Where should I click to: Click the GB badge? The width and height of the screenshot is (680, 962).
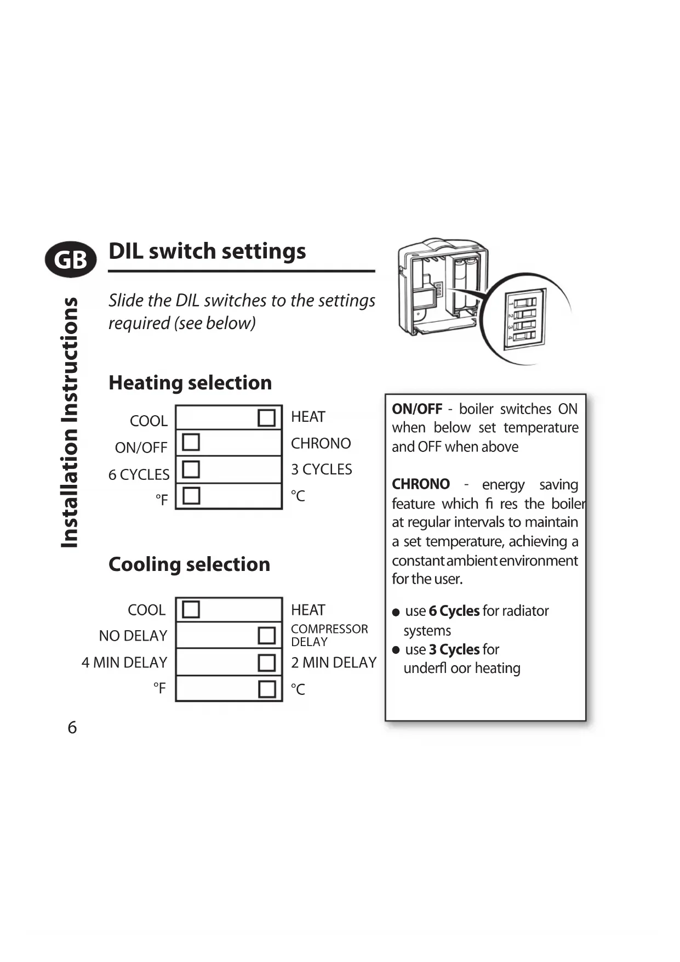pyautogui.click(x=71, y=259)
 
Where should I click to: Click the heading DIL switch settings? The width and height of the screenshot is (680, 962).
pyautogui.click(x=207, y=251)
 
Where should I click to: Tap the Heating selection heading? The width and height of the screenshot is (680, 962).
pyautogui.click(x=190, y=382)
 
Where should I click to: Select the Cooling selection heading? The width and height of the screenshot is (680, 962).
pyautogui.click(x=189, y=564)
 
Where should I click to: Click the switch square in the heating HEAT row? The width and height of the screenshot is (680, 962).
pyautogui.click(x=266, y=417)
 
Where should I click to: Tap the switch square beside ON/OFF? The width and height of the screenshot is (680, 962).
pyautogui.click(x=191, y=442)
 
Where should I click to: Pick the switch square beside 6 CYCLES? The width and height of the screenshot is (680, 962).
pyautogui.click(x=191, y=469)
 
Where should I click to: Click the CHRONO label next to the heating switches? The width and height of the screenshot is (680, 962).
pyautogui.click(x=321, y=443)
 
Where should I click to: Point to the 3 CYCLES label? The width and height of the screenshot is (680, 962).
pyautogui.click(x=321, y=469)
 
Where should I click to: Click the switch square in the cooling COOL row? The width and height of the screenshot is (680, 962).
pyautogui.click(x=191, y=609)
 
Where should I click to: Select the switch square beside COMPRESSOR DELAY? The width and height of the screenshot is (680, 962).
pyautogui.click(x=266, y=635)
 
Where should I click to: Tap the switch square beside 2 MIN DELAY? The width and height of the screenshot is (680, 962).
pyautogui.click(x=266, y=662)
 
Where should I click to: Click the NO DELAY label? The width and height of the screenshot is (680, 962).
pyautogui.click(x=133, y=636)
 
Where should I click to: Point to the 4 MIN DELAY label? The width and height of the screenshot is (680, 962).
pyautogui.click(x=124, y=663)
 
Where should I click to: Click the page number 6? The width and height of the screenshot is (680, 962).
pyautogui.click(x=72, y=727)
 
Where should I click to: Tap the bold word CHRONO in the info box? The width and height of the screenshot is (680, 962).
pyautogui.click(x=421, y=484)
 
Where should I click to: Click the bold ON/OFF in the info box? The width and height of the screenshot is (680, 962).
pyautogui.click(x=417, y=409)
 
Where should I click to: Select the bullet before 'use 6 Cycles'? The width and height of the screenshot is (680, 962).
pyautogui.click(x=396, y=612)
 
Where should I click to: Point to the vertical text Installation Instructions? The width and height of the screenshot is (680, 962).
pyautogui.click(x=70, y=422)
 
